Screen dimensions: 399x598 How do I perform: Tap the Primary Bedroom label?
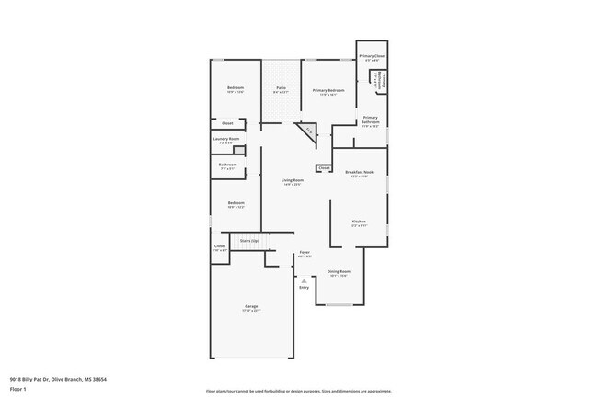tap(328, 90)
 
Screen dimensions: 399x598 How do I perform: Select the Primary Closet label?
tap(373, 56)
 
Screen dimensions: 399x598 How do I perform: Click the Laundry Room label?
tap(226, 140)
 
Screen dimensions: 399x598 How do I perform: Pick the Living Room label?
tap(292, 181)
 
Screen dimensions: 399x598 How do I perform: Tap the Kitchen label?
tap(360, 221)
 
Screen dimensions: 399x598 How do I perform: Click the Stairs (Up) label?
tap(248, 240)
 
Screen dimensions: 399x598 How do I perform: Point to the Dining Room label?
tap(339, 272)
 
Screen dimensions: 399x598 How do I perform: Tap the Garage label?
tap(251, 306)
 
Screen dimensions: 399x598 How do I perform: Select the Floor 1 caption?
tap(18, 389)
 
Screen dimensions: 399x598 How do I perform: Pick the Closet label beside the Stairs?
tap(220, 246)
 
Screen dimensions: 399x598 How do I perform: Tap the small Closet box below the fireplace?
tap(324, 168)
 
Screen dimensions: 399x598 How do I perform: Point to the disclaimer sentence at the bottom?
tap(298, 390)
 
